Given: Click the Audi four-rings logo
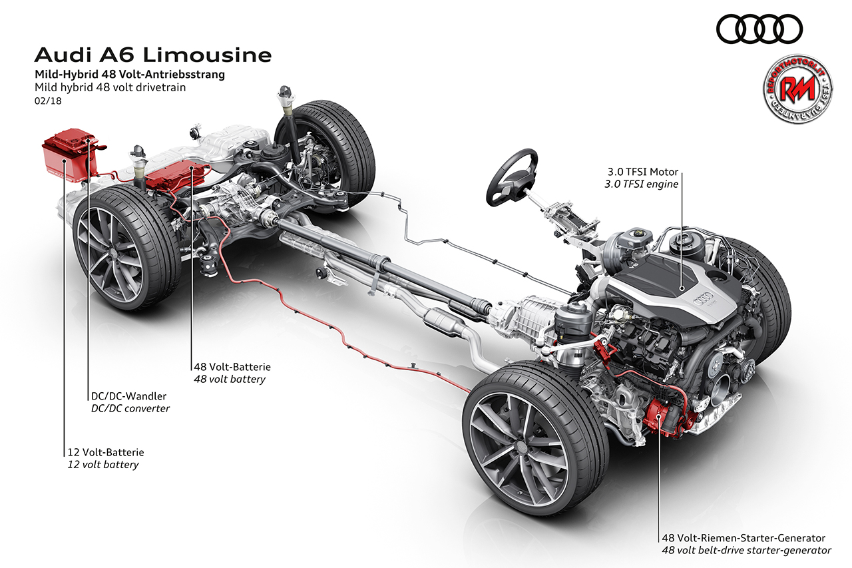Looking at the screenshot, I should click(x=759, y=29).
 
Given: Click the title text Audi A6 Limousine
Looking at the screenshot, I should click(x=152, y=54).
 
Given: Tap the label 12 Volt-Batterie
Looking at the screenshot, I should click(x=105, y=452).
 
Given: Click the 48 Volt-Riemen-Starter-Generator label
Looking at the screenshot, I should click(x=743, y=538).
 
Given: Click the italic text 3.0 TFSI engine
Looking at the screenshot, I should click(x=640, y=184).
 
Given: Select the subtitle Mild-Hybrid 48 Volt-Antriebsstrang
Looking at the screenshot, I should click(x=129, y=74).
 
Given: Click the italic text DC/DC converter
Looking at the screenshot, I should click(x=130, y=408).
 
